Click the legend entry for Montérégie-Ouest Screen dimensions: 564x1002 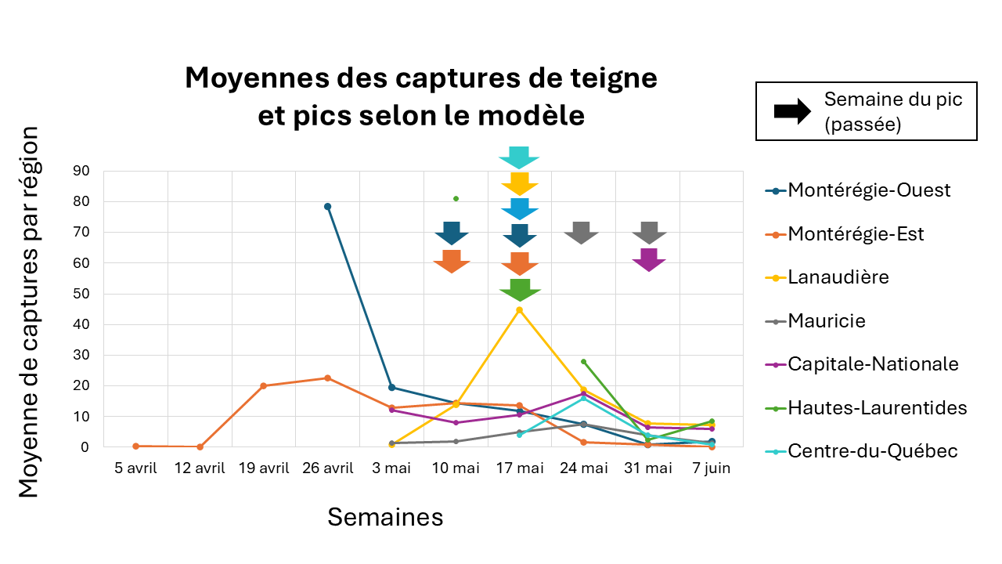pyautogui.click(x=869, y=190)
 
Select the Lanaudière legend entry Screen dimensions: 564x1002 pyautogui.click(x=838, y=277)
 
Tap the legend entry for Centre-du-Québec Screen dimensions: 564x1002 pyautogui.click(x=873, y=450)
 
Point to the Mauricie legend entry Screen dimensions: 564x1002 pyautogui.click(x=827, y=320)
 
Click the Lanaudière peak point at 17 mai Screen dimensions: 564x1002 pyautogui.click(x=520, y=310)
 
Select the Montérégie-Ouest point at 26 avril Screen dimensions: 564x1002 pyautogui.click(x=327, y=207)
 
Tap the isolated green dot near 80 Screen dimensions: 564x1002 pyautogui.click(x=456, y=199)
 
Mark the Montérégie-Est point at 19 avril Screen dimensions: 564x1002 pyautogui.click(x=263, y=385)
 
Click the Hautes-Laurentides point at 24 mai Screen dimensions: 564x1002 pyautogui.click(x=584, y=362)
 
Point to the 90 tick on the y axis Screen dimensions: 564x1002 pyautogui.click(x=81, y=171)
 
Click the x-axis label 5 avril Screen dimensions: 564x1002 pyautogui.click(x=135, y=468)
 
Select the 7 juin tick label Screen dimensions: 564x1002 pyautogui.click(x=712, y=468)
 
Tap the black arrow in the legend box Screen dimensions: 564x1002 pyautogui.click(x=792, y=111)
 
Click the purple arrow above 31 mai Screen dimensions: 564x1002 pyautogui.click(x=649, y=259)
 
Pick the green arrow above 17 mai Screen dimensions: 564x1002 pyautogui.click(x=520, y=289)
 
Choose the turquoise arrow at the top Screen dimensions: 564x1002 pyautogui.click(x=519, y=157)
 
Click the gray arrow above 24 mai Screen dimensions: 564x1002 pyautogui.click(x=582, y=233)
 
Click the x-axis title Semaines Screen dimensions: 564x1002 pyautogui.click(x=385, y=517)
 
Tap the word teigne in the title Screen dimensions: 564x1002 pyautogui.click(x=609, y=78)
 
